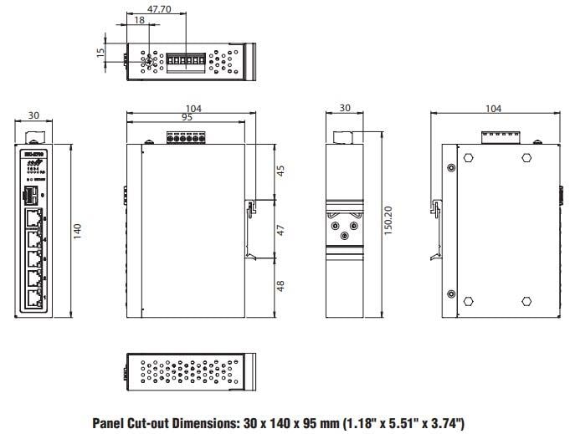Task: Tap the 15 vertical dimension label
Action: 101,52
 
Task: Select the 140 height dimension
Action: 77,230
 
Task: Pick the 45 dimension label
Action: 281,171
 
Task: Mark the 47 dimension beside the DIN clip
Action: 281,228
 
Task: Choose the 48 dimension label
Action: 281,285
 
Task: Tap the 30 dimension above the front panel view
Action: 33,116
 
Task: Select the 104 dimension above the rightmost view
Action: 493,109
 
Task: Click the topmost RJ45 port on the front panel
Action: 33,219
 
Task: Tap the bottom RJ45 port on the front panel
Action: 33,299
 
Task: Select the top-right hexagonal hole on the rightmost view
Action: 526,157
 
